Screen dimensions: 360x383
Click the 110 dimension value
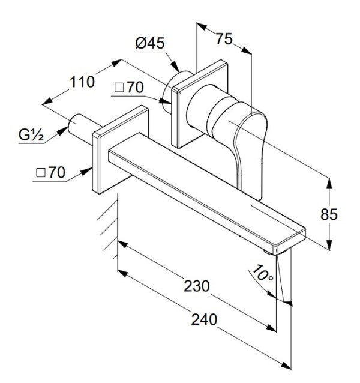point(82,82)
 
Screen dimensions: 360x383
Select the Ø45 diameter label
point(150,43)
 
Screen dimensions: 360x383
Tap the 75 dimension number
point(224,39)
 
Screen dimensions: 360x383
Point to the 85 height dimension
point(329,214)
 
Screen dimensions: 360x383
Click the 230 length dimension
point(196,286)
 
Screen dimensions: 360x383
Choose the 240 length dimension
point(204,319)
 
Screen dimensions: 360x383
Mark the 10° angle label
point(262,273)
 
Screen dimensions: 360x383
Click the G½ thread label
point(31,135)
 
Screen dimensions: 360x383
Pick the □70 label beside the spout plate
point(51,172)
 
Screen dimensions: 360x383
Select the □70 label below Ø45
point(129,88)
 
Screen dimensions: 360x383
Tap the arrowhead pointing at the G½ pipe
point(63,131)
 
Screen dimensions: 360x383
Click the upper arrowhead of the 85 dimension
point(329,184)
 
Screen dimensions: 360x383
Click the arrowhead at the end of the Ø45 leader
point(175,66)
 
